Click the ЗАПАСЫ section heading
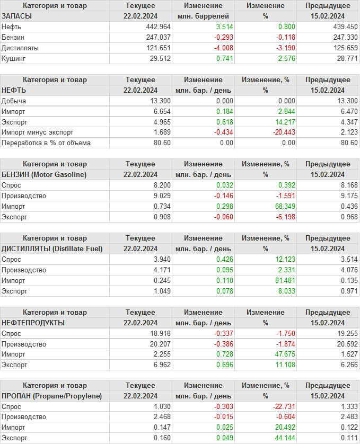17,16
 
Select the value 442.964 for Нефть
158,26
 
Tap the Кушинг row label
13,58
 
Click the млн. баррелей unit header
203,16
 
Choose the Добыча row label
14,101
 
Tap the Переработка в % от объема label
46,143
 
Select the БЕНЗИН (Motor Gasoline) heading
44,174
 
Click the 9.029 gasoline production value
161,196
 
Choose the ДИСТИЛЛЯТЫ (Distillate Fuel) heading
52,248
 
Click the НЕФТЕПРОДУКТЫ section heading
33,323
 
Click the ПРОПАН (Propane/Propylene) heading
51,396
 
